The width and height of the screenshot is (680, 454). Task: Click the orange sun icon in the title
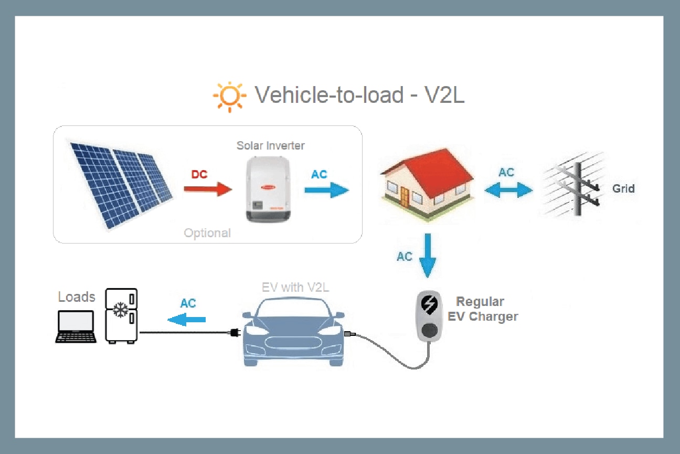click(x=230, y=97)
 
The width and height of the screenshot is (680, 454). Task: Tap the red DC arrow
click(x=208, y=189)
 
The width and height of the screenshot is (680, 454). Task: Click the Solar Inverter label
click(x=270, y=145)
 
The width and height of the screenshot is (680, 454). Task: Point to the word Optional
click(x=207, y=233)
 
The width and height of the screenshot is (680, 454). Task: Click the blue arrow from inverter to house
click(x=326, y=190)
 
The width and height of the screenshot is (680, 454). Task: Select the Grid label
click(x=623, y=188)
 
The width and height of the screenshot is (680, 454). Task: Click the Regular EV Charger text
click(x=482, y=309)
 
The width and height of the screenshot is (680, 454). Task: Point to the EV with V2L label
click(x=295, y=287)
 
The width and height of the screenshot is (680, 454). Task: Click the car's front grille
click(x=293, y=343)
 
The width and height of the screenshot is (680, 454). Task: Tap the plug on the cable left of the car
click(x=234, y=332)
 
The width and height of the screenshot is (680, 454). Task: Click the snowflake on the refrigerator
click(x=121, y=310)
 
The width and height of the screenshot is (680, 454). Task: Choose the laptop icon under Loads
click(x=76, y=327)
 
